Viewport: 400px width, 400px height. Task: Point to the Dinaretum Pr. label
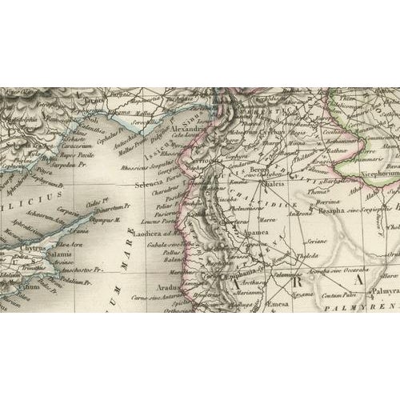pyautogui.click(x=95, y=210)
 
